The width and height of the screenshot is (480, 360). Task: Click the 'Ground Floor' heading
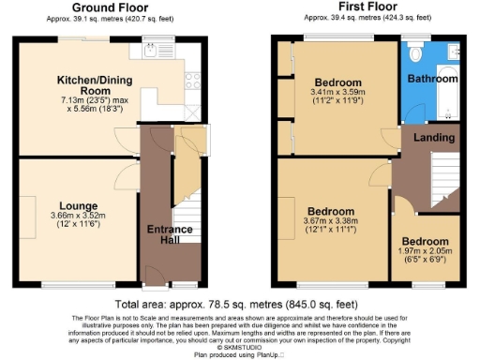(97, 7)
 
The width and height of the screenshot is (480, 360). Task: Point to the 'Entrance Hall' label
(170, 235)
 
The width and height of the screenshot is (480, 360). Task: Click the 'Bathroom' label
(432, 79)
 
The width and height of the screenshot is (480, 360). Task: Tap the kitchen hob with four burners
(191, 80)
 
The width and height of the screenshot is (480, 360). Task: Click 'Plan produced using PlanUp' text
(240, 355)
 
